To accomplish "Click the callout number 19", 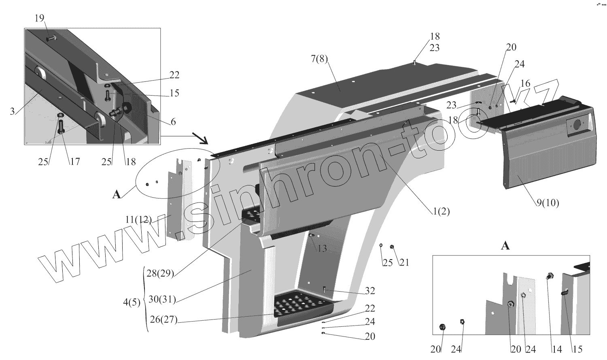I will pos(39,18).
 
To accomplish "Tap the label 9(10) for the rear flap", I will pos(548,203).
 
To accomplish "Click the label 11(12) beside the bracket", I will pos(138,220).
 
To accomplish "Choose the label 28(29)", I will pos(160,273).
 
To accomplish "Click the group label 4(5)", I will pos(132,302).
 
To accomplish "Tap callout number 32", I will pos(369,291).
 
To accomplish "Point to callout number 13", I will pos(322,249).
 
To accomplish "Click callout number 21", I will pos(404,263).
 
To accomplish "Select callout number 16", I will pos(525,84).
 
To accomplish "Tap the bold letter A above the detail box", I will pos(505,245).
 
